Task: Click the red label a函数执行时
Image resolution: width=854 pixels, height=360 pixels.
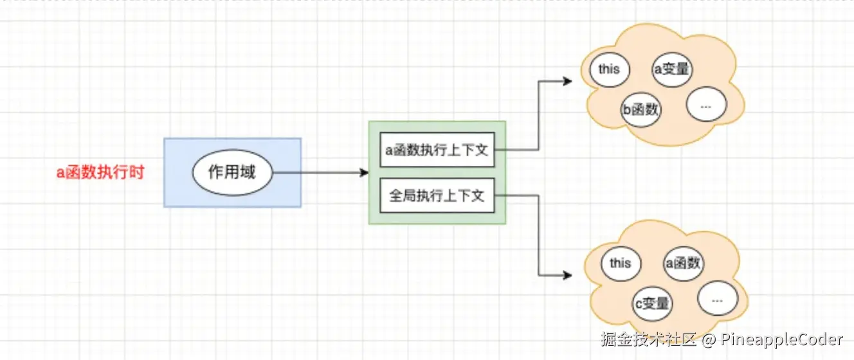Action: point(100,172)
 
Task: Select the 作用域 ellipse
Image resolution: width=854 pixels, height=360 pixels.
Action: point(232,172)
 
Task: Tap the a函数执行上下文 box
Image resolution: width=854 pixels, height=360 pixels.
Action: point(437,150)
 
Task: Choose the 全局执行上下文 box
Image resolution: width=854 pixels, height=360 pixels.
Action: point(437,195)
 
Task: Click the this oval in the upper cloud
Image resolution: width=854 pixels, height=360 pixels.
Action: point(608,69)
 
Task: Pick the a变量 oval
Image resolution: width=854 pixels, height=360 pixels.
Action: point(673,69)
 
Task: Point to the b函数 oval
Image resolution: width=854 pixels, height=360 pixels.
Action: point(640,109)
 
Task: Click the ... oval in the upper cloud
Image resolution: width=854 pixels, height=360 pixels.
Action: point(706,105)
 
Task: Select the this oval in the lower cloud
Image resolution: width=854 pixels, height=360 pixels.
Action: point(620,263)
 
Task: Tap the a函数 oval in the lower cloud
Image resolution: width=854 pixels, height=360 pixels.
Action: point(684,263)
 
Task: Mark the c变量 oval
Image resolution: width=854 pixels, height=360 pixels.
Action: point(652,303)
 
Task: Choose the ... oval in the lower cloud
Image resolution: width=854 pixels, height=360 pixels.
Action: point(718,300)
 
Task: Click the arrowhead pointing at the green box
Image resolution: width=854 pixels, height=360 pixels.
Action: point(364,173)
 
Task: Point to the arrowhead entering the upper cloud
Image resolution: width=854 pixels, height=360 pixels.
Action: point(567,82)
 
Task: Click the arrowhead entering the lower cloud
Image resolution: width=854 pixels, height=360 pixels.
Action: point(567,275)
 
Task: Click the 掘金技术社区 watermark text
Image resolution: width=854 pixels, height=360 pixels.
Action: point(648,339)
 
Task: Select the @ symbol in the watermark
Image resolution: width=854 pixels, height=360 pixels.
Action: point(709,339)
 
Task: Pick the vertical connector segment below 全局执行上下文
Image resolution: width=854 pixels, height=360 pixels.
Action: point(538,235)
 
